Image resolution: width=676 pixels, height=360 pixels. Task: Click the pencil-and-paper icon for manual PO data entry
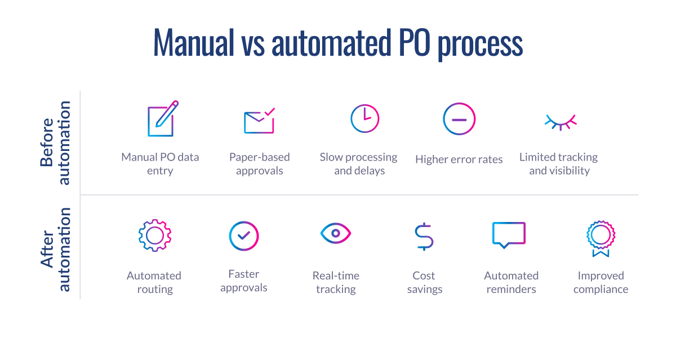pyautogui.click(x=162, y=119)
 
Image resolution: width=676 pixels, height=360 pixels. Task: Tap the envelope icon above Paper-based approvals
pyautogui.click(x=259, y=121)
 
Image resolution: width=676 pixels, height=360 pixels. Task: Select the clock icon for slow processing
pyautogui.click(x=364, y=119)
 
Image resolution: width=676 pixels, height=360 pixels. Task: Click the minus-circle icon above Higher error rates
pyautogui.click(x=459, y=119)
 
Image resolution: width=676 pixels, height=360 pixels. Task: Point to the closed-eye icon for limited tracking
pyautogui.click(x=561, y=121)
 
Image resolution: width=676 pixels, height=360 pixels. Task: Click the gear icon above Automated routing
pyautogui.click(x=154, y=235)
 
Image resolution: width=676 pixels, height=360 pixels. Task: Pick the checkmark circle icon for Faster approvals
pyautogui.click(x=244, y=235)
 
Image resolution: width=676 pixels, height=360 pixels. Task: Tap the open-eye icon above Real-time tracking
pyautogui.click(x=336, y=233)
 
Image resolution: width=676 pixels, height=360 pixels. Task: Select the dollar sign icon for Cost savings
pyautogui.click(x=424, y=236)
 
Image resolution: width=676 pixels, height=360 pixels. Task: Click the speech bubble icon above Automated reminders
pyautogui.click(x=509, y=234)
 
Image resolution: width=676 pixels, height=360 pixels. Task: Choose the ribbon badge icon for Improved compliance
pyautogui.click(x=601, y=237)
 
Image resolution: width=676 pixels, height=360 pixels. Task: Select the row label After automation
pyautogui.click(x=56, y=250)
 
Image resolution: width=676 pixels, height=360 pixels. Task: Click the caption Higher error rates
pyautogui.click(x=459, y=159)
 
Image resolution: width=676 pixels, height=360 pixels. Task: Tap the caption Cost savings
pyautogui.click(x=424, y=282)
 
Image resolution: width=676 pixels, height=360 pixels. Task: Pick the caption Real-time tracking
pyautogui.click(x=336, y=282)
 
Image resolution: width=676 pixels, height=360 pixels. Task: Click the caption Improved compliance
pyautogui.click(x=601, y=282)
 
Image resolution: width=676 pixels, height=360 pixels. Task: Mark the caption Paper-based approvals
pyautogui.click(x=259, y=164)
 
